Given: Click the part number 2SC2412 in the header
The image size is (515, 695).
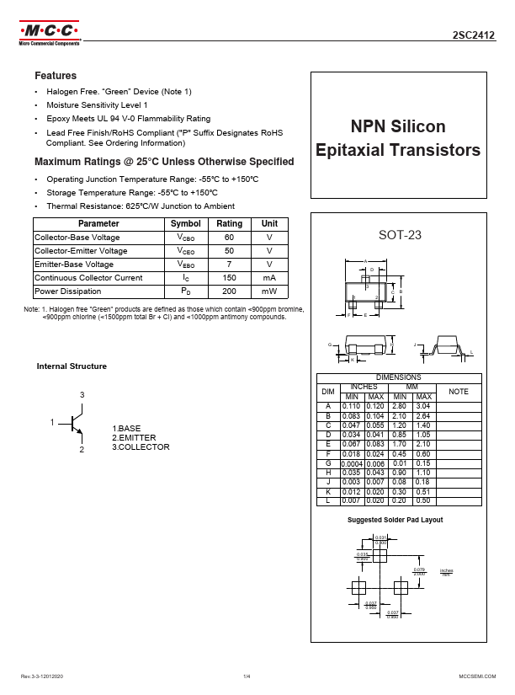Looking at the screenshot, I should (x=474, y=36).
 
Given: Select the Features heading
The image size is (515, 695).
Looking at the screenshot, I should (x=55, y=76).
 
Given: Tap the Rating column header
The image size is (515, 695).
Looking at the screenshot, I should (x=229, y=224).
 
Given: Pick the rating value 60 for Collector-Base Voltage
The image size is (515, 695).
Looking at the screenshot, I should (x=229, y=238).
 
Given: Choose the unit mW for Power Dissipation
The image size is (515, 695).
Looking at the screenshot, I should (x=269, y=291).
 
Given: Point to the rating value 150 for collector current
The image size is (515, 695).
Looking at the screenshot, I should (x=229, y=278).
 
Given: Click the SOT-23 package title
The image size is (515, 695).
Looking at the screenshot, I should (x=398, y=236).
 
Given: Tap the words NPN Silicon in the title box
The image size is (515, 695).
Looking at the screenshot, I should (x=398, y=127).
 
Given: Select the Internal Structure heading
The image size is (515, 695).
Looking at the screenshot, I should (x=72, y=366).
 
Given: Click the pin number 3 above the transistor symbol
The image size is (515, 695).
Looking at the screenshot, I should (x=82, y=395).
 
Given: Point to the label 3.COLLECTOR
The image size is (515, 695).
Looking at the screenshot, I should (x=141, y=447).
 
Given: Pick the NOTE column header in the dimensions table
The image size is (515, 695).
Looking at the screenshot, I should (x=459, y=392).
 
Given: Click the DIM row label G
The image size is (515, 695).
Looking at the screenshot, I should (x=328, y=463).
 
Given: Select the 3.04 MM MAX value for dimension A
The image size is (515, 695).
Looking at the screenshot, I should (x=423, y=406).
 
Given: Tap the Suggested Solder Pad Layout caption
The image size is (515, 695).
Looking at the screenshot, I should (x=395, y=520).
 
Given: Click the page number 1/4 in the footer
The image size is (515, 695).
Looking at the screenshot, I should (x=247, y=676).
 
